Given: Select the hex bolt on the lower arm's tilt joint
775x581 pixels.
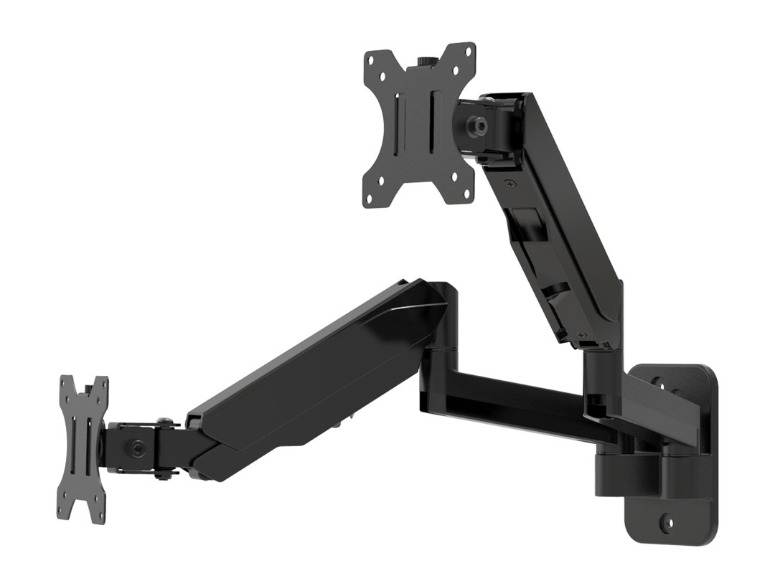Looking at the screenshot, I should pos(136,448).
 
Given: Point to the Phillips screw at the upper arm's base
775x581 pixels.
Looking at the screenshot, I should pos(582,336).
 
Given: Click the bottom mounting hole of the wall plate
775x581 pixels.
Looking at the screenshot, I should pos(669,523).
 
